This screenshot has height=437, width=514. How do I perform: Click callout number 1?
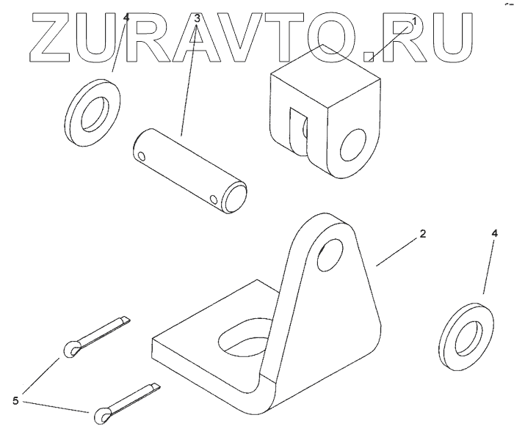pyautogui.click(x=413, y=22)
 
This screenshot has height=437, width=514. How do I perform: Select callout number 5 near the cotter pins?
pyautogui.click(x=15, y=400)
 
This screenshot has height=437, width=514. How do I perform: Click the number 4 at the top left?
pyautogui.click(x=126, y=18)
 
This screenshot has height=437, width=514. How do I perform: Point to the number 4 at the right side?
pyautogui.click(x=494, y=233)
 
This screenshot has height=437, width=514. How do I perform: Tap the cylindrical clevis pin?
pyautogui.click(x=191, y=169)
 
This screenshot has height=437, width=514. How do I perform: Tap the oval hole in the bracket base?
pyautogui.click(x=240, y=337)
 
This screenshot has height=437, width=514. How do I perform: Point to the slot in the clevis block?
pyautogui.click(x=299, y=132)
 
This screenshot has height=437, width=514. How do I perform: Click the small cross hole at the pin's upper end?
pyautogui.click(x=142, y=155)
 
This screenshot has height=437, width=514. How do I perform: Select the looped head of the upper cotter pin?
pyautogui.click(x=73, y=349)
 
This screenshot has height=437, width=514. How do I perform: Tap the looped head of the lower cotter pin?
pyautogui.click(x=101, y=416)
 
